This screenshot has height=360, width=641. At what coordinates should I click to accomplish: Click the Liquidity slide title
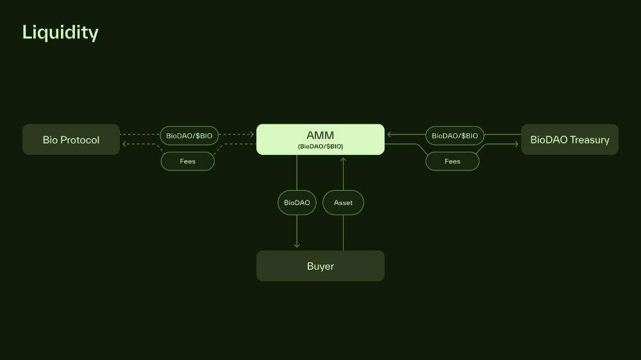60,32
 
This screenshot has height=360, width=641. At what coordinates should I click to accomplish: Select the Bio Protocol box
71,140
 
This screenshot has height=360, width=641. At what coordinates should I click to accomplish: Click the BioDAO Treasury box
569,140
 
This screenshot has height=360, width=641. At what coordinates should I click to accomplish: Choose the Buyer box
320,266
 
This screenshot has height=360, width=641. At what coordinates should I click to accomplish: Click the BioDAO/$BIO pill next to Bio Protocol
189,136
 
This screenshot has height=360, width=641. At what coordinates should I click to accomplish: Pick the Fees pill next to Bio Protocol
188,161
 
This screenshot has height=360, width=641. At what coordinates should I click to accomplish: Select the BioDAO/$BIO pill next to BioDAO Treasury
454,136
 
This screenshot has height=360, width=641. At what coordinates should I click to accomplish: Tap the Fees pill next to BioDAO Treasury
453,161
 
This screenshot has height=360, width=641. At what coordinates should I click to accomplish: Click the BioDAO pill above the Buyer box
297,202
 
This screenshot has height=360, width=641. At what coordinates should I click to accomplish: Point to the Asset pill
343,202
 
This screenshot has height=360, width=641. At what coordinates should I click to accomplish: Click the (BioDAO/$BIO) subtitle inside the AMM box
320,147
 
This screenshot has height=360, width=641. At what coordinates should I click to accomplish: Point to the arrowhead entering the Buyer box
297,245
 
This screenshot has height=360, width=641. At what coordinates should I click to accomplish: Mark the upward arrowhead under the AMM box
343,160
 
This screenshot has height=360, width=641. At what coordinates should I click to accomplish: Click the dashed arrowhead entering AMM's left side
251,135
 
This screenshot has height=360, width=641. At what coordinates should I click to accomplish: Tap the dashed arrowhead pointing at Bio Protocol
125,144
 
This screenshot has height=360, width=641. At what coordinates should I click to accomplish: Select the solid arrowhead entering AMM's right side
390,135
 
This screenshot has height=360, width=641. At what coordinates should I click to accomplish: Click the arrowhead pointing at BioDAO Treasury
516,144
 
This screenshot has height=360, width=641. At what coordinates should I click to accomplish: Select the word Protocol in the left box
80,140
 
